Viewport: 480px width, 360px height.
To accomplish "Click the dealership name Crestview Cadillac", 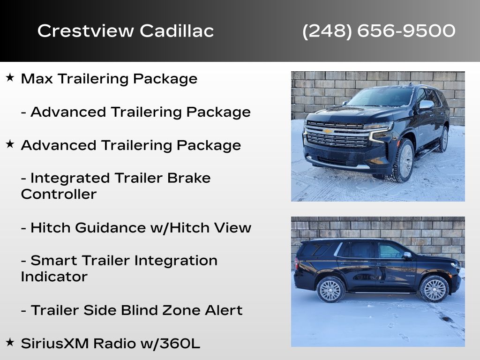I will tap(126, 31).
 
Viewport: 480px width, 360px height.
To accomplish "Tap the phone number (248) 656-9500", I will tap(379, 31).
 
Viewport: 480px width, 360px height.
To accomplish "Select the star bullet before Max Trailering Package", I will tap(10, 77).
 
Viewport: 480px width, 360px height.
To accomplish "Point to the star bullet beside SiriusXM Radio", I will tap(10, 342).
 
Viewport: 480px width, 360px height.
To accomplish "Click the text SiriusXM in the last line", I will tap(55, 344).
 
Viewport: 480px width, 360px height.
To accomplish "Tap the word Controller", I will tap(59, 195).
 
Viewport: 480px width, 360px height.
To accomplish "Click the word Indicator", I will tap(54, 277).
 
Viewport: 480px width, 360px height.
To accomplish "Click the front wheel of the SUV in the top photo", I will tap(404, 161).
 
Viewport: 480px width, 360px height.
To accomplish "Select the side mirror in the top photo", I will tap(426, 105).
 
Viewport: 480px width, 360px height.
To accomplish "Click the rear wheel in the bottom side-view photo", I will tap(331, 289).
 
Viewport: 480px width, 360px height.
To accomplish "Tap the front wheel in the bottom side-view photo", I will tap(434, 289).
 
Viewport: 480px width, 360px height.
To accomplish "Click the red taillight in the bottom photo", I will tap(297, 263).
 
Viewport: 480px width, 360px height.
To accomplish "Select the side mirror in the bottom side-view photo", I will tap(407, 255).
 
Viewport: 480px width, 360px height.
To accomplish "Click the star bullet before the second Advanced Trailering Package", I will tap(10, 144).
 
